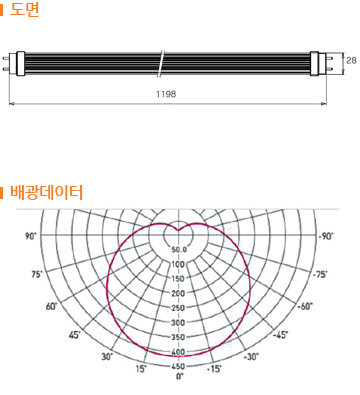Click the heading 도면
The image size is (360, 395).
point(24,9)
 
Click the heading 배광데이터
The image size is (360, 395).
point(46,193)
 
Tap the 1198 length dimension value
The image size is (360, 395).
point(166,94)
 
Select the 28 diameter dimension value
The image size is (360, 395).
point(351,60)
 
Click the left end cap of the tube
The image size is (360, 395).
point(20,63)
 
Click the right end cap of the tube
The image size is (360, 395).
point(314,63)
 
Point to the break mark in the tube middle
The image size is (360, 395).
point(161,64)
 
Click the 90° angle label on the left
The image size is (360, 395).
point(31,236)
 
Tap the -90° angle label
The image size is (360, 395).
point(326,236)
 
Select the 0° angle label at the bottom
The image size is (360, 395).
point(179,376)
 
